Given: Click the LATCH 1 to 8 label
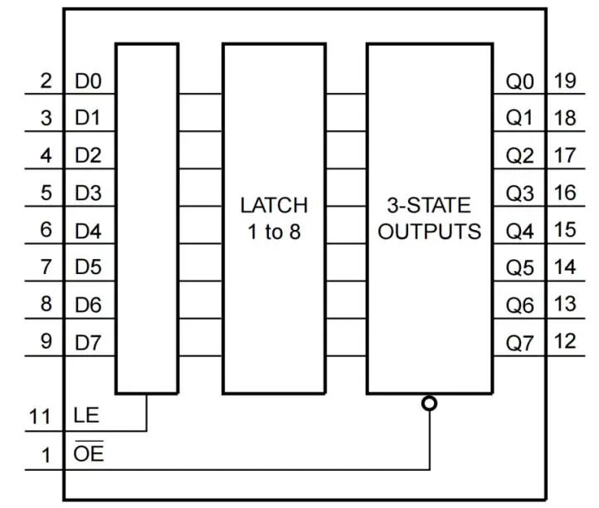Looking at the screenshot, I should [274, 217].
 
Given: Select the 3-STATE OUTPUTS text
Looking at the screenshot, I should [429, 217].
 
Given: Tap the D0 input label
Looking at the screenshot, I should [88, 82].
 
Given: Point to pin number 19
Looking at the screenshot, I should [565, 81].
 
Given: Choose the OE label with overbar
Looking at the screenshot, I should [88, 454].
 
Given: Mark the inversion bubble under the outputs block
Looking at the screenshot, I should [429, 404].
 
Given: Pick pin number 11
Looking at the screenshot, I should [41, 417].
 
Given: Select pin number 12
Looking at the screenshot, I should [565, 341].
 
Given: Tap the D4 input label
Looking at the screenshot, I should [88, 231].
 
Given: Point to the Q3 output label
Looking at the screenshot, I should [520, 194].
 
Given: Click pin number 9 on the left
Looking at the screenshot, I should [46, 341].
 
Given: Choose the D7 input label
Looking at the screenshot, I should [88, 343].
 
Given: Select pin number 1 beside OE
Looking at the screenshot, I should [46, 455].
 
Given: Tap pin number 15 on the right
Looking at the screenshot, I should [565, 230].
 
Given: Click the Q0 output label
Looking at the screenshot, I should [520, 82].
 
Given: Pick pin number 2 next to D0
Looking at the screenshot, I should [46, 81].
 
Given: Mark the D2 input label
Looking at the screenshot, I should [88, 156].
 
